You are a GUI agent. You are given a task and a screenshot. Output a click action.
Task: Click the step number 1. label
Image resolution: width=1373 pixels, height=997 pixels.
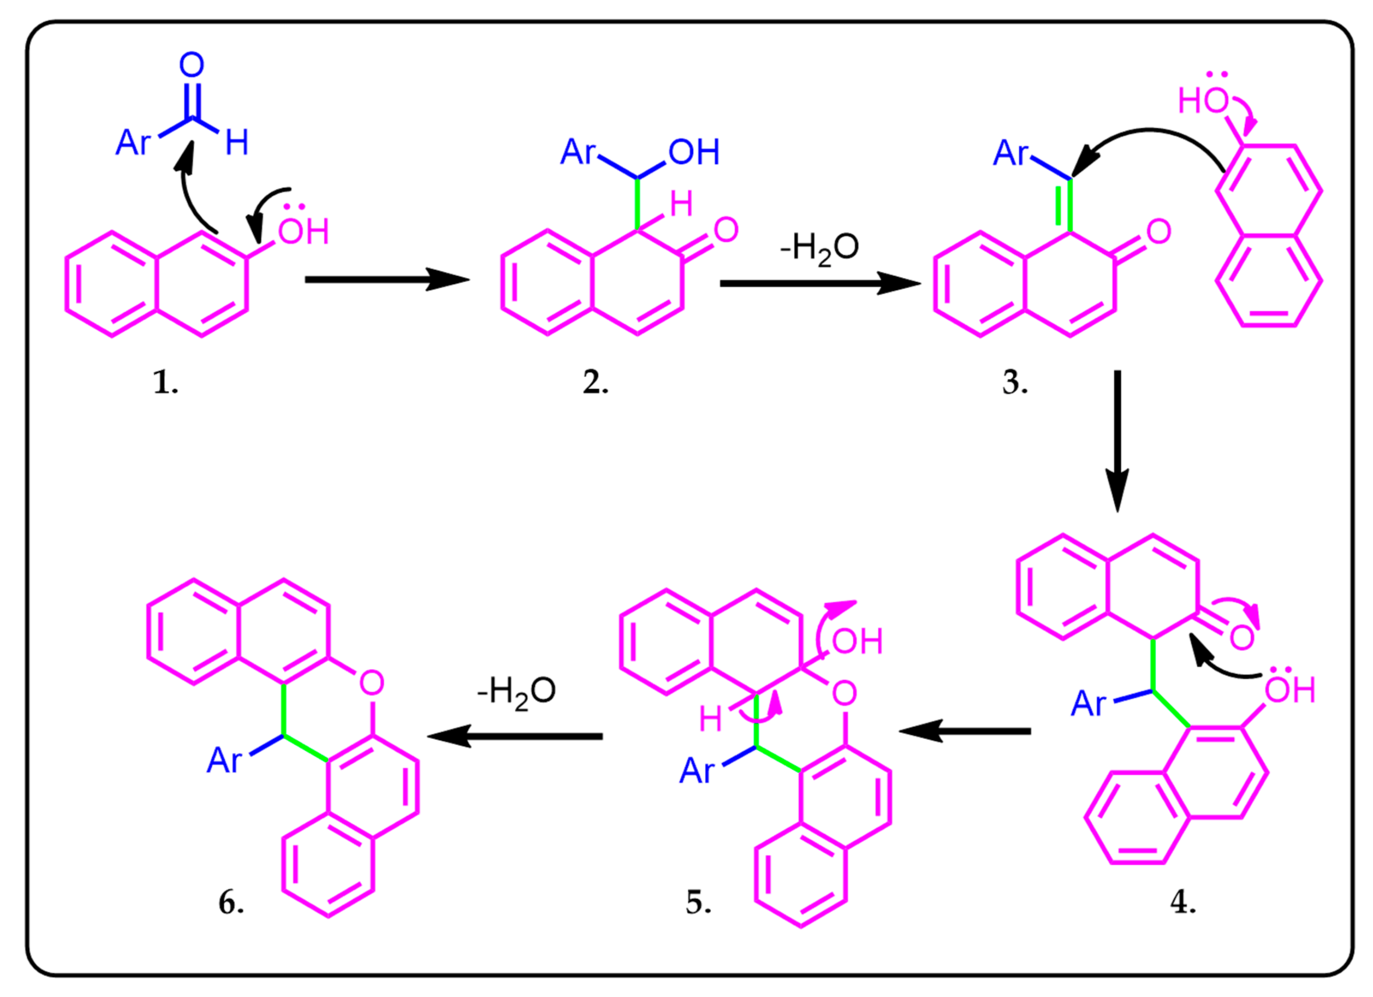tap(165, 383)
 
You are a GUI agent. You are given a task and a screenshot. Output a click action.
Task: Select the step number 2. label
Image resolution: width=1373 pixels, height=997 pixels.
tap(595, 383)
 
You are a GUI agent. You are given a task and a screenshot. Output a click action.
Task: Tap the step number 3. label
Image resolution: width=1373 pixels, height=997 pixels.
tap(1015, 383)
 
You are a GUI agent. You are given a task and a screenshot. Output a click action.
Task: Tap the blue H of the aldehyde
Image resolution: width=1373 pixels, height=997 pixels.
tap(237, 143)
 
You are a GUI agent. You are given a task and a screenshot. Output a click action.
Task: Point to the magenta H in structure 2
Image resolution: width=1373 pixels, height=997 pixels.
tap(681, 205)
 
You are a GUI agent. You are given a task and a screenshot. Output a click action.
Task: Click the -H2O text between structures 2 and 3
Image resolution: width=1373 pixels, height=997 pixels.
tap(819, 248)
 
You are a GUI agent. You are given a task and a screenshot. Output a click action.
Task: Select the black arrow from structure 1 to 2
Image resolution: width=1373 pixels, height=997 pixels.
tap(387, 280)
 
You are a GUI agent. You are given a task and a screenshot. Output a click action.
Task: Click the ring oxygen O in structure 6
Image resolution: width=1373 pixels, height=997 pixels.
tap(372, 682)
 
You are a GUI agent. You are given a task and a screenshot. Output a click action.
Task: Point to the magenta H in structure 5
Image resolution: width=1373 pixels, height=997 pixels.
tap(710, 720)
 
